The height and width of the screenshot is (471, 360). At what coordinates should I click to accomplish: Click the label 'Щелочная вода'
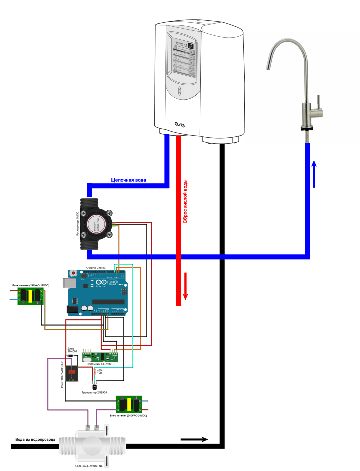(128, 180)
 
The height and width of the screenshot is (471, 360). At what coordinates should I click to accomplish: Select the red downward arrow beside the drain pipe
(185, 286)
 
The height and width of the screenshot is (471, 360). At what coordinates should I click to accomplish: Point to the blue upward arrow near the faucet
(314, 174)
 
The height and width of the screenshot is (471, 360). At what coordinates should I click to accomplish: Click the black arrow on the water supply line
(194, 439)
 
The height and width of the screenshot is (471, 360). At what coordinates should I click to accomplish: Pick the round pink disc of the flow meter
(94, 224)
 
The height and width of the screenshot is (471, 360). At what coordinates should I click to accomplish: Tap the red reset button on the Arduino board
(74, 274)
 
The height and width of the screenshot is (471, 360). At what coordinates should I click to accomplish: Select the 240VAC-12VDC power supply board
(30, 296)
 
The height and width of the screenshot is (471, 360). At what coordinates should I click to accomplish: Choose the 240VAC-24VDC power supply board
(129, 404)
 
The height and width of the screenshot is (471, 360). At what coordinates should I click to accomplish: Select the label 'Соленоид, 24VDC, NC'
(89, 465)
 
